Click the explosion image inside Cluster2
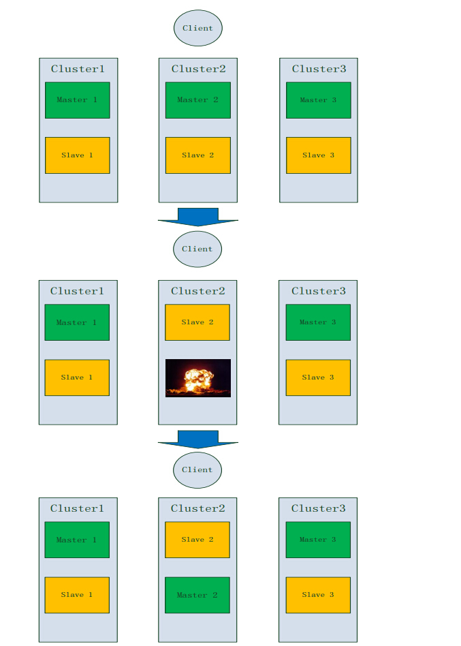click(x=197, y=378)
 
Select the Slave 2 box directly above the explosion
click(x=197, y=322)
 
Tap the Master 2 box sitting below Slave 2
click(x=197, y=595)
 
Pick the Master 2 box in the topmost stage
click(x=198, y=100)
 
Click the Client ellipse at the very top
click(x=198, y=28)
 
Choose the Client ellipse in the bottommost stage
click(x=197, y=470)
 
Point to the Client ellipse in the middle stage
click(x=197, y=249)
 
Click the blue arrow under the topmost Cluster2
click(x=198, y=217)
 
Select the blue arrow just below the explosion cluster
click(x=198, y=439)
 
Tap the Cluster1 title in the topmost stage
click(x=78, y=69)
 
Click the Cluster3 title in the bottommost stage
click(x=318, y=508)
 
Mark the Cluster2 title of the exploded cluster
click(x=197, y=291)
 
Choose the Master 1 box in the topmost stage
click(x=78, y=100)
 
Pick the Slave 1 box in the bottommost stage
click(x=77, y=595)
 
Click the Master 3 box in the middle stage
click(x=318, y=322)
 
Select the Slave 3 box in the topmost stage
click(x=318, y=155)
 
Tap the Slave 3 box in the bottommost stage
click(x=318, y=595)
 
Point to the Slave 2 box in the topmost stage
click(x=198, y=155)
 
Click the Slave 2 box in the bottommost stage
click(x=197, y=540)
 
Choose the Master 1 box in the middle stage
click(x=77, y=322)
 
